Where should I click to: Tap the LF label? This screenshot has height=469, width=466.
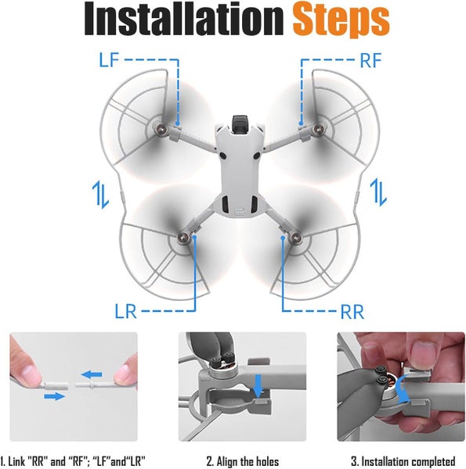110,59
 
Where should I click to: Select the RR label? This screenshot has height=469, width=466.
352,312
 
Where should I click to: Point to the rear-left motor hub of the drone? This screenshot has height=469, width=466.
187,237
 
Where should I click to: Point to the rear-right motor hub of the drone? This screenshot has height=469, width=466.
294,234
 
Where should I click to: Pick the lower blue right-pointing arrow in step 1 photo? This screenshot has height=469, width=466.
53,396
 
